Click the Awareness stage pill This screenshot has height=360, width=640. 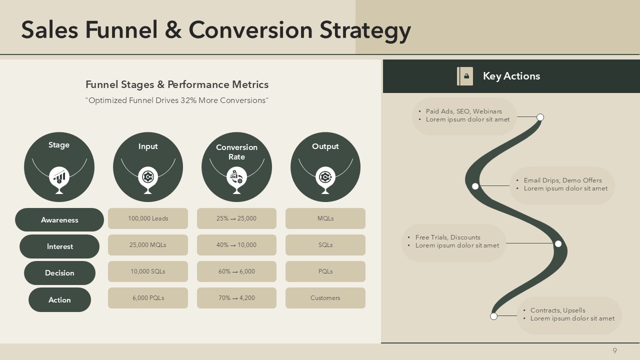(59, 219)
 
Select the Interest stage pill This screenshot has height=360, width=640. (59, 246)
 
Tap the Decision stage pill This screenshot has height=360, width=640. (59, 273)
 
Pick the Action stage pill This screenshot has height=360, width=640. (59, 299)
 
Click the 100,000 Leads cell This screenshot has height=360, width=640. (148, 218)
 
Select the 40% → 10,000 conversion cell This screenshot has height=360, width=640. (236, 245)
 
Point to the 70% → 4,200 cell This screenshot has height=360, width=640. (236, 297)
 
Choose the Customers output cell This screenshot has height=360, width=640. (325, 297)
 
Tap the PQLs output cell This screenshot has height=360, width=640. (325, 271)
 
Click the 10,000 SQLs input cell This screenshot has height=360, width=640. (148, 271)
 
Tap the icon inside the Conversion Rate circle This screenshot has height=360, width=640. (236, 177)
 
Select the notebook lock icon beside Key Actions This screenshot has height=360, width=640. (465, 76)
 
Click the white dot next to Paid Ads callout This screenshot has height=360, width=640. (540, 117)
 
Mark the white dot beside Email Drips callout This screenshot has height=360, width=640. (475, 186)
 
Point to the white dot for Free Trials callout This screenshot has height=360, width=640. (558, 243)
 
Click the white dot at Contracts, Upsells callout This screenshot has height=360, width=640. (493, 316)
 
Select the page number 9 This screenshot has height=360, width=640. (615, 350)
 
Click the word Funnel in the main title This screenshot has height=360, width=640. (121, 30)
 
